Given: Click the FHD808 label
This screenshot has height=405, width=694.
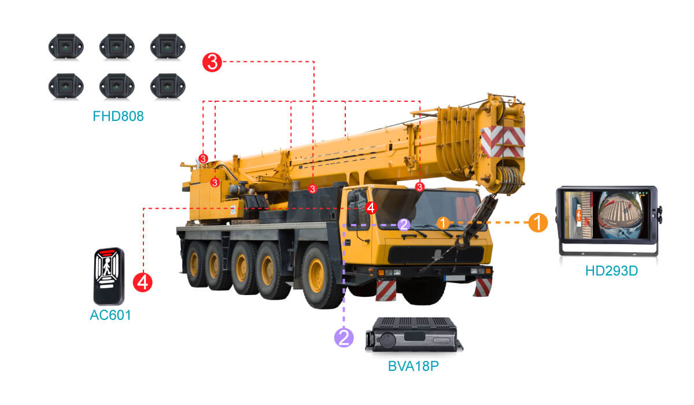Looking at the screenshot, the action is coord(118,116).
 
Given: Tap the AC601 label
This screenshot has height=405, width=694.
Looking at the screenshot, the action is coord(110,315).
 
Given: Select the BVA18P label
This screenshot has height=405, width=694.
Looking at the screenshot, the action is coord(414,366).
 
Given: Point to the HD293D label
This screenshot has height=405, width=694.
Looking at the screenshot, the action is coord(611,271).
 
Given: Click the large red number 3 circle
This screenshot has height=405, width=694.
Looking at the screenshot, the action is coord(212,62).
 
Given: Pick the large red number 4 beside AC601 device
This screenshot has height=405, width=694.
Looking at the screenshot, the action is coord(142,282).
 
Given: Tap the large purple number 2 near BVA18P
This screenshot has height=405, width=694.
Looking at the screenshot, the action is coord(344,337).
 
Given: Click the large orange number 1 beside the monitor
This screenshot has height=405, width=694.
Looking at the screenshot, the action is coord(538,223).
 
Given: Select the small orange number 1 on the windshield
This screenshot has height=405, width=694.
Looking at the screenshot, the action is coord(443,223).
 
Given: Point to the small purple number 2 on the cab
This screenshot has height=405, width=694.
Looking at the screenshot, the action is coord(404,224).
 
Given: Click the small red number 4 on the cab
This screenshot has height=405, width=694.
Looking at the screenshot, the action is coord(371,208).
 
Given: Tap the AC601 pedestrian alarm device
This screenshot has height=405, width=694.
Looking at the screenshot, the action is coord(109,276).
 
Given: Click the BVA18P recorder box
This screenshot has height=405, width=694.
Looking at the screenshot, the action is coord(414,334).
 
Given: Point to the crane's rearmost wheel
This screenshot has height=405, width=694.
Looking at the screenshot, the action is coord(196,264).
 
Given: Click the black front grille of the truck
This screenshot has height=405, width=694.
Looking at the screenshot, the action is coord(436,255).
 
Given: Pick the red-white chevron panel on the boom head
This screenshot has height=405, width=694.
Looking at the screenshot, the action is coord(503,141).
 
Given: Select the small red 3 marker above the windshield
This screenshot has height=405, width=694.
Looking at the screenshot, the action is coord(420,187).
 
